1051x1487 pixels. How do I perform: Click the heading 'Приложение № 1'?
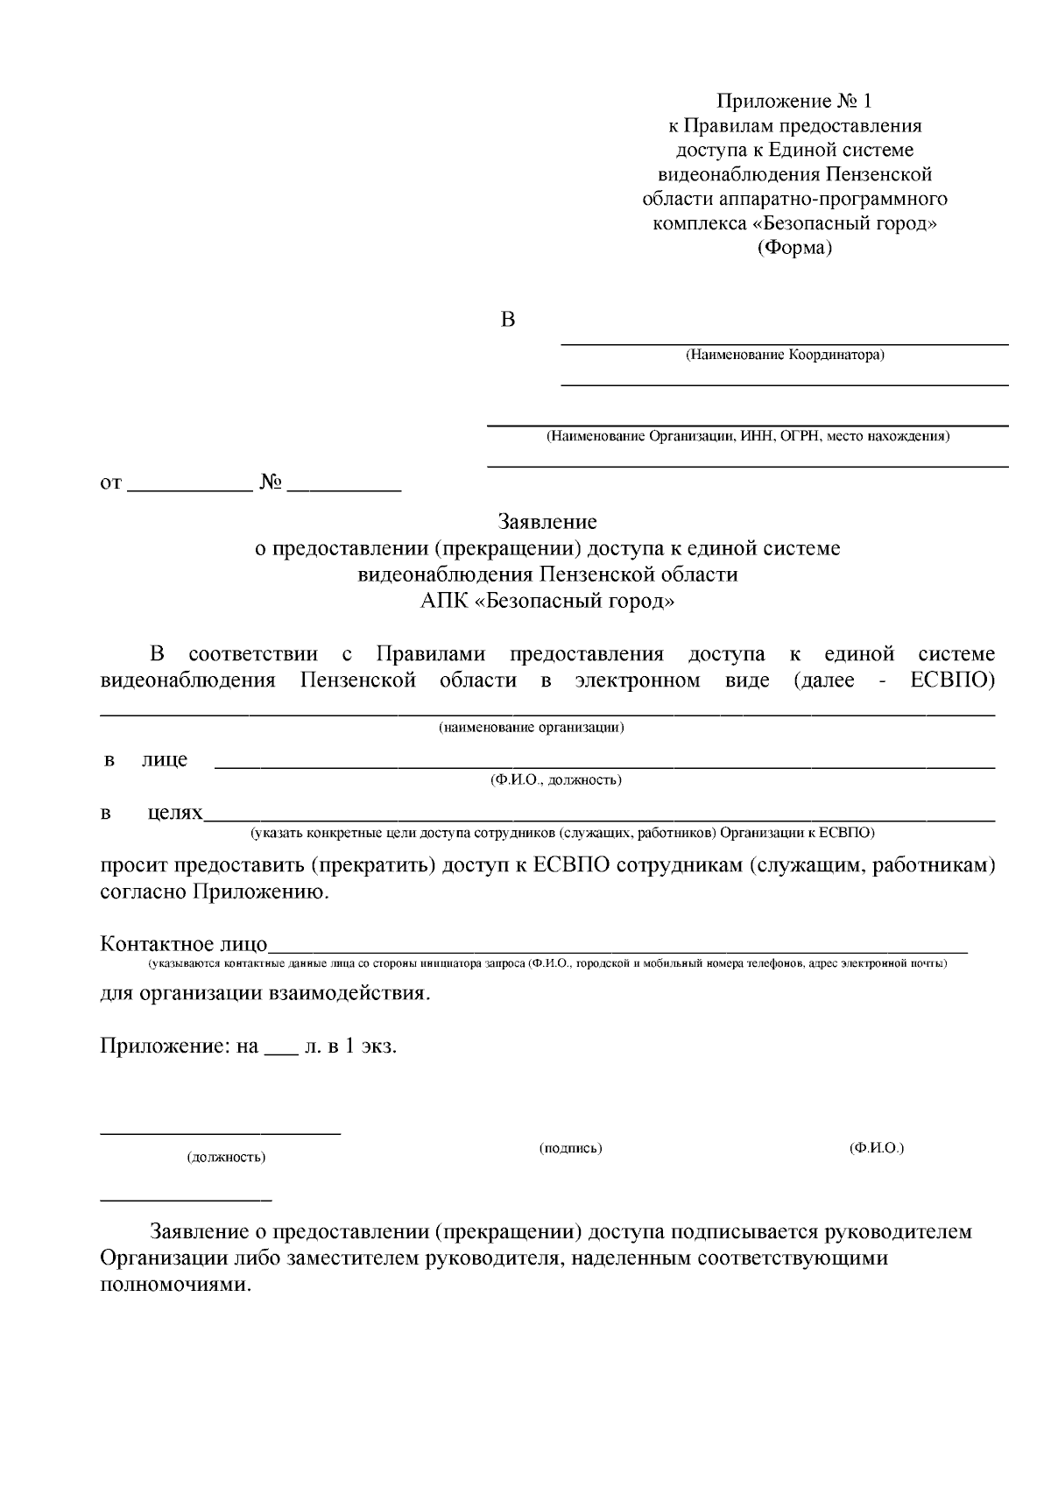[794, 100]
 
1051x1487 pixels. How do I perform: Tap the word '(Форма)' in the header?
[794, 248]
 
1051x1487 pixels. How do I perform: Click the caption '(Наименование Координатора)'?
[785, 356]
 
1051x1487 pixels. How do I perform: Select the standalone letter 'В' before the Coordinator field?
[507, 321]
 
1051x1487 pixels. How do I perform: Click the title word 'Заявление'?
[547, 522]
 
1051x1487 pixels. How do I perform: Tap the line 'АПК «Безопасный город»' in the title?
[547, 601]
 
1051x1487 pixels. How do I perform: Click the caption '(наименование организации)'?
[532, 728]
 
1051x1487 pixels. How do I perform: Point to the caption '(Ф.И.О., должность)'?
[555, 780]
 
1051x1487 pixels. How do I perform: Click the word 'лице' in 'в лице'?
[165, 759]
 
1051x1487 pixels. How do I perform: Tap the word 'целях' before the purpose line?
[175, 813]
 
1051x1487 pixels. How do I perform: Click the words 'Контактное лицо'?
[184, 944]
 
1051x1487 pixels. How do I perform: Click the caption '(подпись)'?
[570, 1148]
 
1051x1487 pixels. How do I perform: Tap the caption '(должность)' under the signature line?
[226, 1158]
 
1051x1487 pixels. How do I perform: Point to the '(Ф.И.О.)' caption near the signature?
[876, 1148]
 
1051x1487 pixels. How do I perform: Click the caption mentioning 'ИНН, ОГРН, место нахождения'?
[747, 436]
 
